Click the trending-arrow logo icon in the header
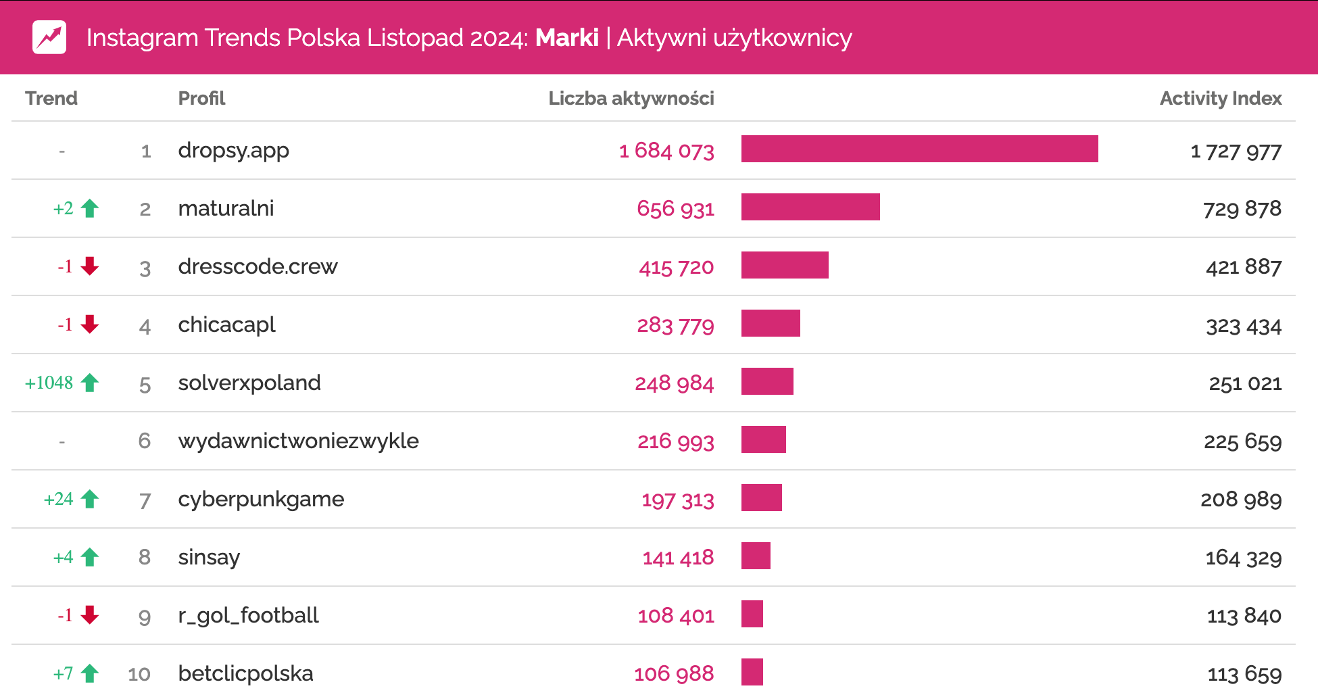[x=49, y=37]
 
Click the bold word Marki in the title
[x=566, y=38]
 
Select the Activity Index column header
[x=1220, y=99]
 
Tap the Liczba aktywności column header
[x=631, y=99]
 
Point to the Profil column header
[x=201, y=99]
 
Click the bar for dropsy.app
[x=919, y=149]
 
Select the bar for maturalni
[x=810, y=207]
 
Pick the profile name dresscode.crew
[x=258, y=266]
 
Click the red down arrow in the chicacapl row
[x=90, y=324]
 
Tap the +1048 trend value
[x=49, y=383]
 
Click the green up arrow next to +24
[x=90, y=499]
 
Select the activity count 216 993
[x=675, y=441]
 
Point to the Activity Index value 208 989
[x=1240, y=500]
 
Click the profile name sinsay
[x=209, y=558]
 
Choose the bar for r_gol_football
[x=752, y=614]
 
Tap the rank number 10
[x=139, y=674]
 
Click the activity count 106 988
[x=673, y=674]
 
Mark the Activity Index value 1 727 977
[x=1236, y=151]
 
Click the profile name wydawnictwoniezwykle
[x=298, y=441]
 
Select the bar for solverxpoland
[x=767, y=381]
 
